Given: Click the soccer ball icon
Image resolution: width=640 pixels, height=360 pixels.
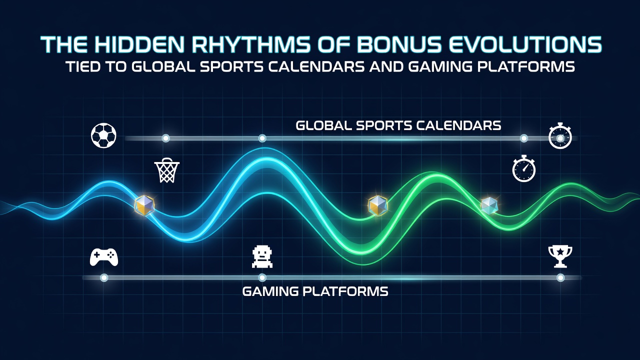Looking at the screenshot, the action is pos(103,135).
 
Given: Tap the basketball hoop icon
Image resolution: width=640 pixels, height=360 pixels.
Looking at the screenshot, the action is pos(167,171).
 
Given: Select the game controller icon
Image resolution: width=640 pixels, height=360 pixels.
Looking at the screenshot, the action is pos(104,257).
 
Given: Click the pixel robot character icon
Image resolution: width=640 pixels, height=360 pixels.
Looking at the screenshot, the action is pos(262,257).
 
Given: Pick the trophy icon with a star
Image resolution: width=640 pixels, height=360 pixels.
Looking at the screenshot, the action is pos(560,256).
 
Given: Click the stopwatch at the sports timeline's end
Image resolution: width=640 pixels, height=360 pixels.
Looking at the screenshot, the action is pos(560,136).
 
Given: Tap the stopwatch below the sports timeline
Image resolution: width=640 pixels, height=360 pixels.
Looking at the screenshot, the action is pos(524,168).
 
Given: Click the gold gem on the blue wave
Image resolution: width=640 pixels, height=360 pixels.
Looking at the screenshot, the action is pos(144,205).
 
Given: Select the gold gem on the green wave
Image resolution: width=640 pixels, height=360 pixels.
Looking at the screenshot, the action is pos(377,205).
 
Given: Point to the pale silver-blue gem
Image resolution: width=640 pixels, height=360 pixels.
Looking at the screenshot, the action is pos(489,205).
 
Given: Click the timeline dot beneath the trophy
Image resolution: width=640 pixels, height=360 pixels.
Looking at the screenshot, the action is pos(560,277).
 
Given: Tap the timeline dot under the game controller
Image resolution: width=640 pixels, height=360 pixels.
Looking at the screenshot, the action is pos(104,277).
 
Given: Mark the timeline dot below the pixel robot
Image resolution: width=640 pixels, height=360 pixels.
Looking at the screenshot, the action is pos(262,277).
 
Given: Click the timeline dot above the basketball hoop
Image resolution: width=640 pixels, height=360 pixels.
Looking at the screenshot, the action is pos(165,138).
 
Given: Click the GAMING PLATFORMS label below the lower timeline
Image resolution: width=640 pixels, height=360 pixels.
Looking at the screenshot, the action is pos(315,291).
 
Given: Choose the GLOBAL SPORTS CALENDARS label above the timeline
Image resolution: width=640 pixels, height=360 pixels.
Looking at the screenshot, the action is pos(398,125).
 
